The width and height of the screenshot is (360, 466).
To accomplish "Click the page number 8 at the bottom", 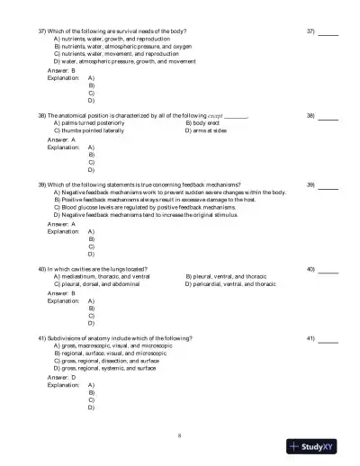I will (180, 436).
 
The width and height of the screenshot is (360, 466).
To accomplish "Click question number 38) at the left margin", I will (41, 116).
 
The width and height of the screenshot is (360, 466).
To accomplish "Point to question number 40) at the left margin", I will (41, 268).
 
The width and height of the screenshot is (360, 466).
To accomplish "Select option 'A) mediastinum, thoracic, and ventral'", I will (108, 276).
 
